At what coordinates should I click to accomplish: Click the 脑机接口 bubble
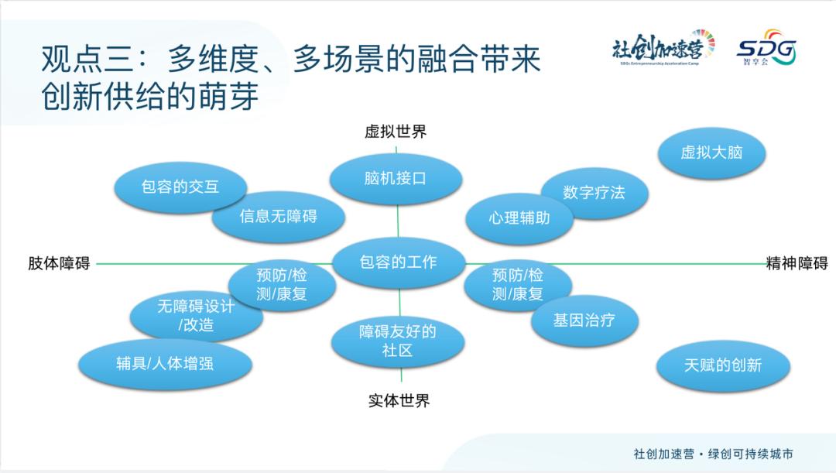pyautogui.click(x=396, y=178)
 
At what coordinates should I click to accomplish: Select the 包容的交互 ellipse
pyautogui.click(x=180, y=187)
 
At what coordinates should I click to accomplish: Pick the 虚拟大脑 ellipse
pyautogui.click(x=711, y=153)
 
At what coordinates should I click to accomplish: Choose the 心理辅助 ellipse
pyautogui.click(x=519, y=218)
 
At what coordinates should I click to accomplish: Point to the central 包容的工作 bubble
pyautogui.click(x=399, y=262)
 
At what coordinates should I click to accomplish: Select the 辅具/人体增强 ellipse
pyautogui.click(x=165, y=363)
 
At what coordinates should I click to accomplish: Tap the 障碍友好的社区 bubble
pyautogui.click(x=398, y=341)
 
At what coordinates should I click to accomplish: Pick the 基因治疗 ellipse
pyautogui.click(x=584, y=320)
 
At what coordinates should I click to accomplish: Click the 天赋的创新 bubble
pyautogui.click(x=722, y=365)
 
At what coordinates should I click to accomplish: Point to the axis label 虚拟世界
pyautogui.click(x=396, y=132)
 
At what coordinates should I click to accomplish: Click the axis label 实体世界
pyautogui.click(x=399, y=401)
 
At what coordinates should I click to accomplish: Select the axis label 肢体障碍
pyautogui.click(x=60, y=263)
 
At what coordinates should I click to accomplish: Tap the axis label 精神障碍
pyautogui.click(x=797, y=263)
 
